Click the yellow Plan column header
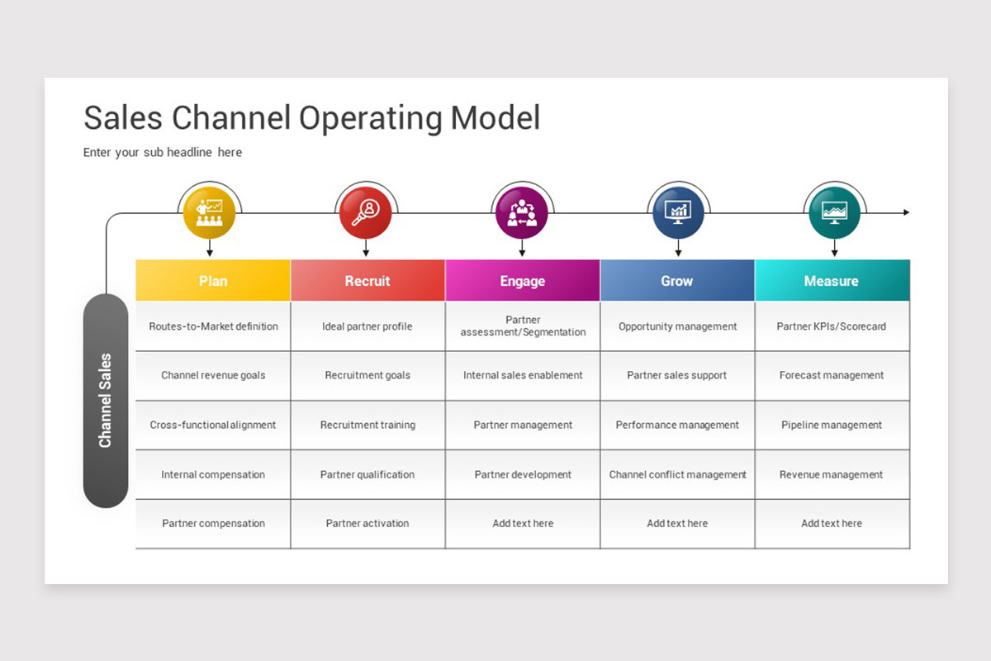click(x=213, y=281)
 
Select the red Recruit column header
click(x=367, y=281)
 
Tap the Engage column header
click(x=523, y=281)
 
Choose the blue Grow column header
click(x=677, y=281)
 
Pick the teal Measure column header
click(x=832, y=281)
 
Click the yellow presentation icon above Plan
click(x=209, y=213)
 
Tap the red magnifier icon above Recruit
click(x=365, y=213)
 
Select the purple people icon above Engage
click(x=522, y=213)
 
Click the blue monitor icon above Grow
click(x=678, y=213)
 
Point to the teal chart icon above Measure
click(x=834, y=213)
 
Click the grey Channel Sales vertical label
click(x=106, y=401)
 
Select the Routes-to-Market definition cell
click(x=213, y=326)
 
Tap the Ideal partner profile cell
click(x=367, y=326)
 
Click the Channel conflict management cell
click(x=677, y=474)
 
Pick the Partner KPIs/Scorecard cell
click(x=832, y=326)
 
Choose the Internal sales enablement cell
click(x=523, y=375)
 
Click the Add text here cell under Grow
click(x=677, y=523)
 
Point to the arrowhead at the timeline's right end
click(x=906, y=212)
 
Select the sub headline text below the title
click(x=163, y=152)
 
